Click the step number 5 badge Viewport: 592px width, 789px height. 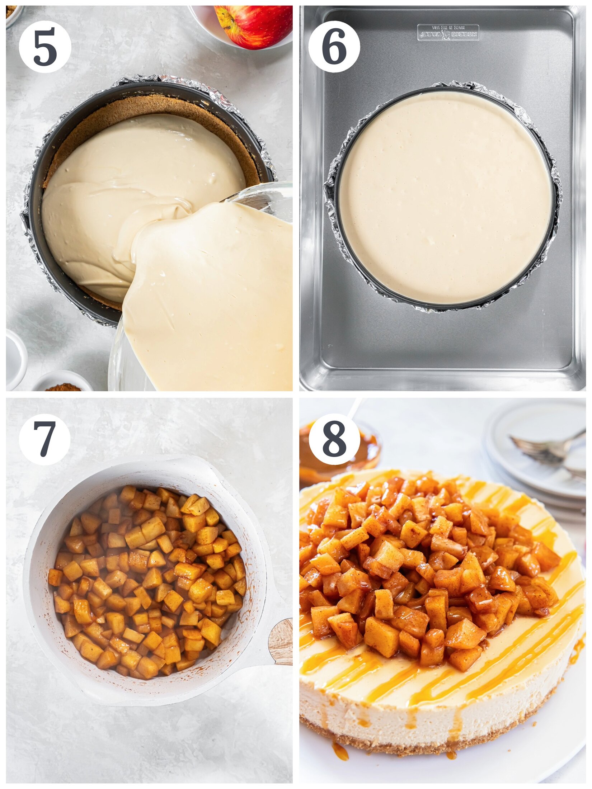tap(45, 47)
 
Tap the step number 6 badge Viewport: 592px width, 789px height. tap(334, 47)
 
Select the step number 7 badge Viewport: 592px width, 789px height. tap(45, 439)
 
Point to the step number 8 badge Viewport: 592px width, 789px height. tap(334, 439)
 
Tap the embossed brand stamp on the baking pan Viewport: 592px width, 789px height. tap(448, 33)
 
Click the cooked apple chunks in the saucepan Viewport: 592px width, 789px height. tap(147, 581)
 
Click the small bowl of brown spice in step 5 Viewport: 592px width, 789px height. tap(63, 384)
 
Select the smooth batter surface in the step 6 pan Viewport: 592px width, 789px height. tap(445, 197)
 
